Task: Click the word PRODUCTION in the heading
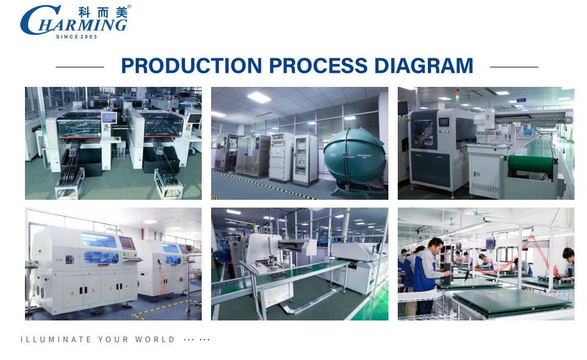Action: [192, 66]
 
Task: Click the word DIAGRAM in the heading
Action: [424, 66]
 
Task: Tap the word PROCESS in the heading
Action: [318, 66]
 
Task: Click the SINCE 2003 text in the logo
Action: [76, 37]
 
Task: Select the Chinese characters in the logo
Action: [103, 12]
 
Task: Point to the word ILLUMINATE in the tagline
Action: [56, 339]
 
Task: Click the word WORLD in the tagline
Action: [155, 339]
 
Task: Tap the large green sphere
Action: [354, 156]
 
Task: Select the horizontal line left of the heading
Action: [80, 67]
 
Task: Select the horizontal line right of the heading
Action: [514, 67]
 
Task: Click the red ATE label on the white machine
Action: [59, 260]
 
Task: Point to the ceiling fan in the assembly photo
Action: [477, 213]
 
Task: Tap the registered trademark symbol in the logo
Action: [129, 6]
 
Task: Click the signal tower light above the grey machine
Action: [457, 96]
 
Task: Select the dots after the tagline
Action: [197, 340]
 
